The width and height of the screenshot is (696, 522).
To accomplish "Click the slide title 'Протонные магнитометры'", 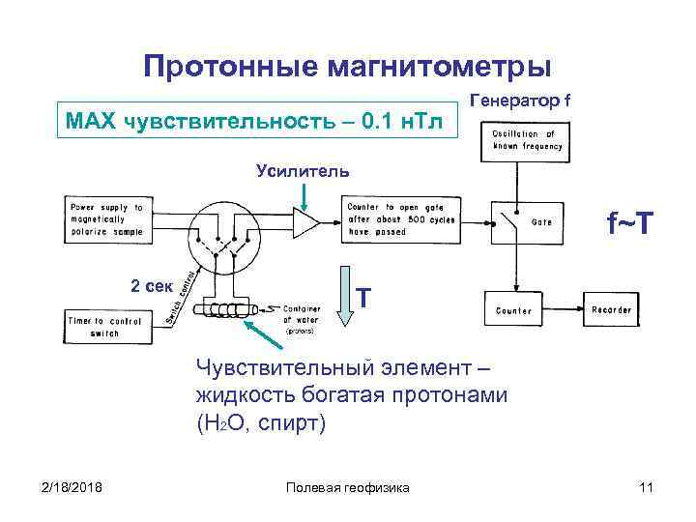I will [x=348, y=67].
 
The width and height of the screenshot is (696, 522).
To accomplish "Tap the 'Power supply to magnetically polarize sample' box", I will [x=106, y=219].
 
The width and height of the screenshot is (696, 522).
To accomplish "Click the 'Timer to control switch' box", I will [x=105, y=326].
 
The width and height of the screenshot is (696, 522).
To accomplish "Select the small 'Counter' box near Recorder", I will [x=513, y=309].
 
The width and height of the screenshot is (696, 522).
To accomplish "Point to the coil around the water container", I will [x=221, y=310].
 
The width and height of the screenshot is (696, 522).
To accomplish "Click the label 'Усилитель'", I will [x=303, y=171].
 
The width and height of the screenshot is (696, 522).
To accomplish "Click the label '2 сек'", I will [x=151, y=285].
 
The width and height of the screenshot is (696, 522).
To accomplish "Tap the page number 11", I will [x=646, y=487].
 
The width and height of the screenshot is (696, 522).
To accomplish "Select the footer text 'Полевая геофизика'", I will [x=348, y=487].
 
